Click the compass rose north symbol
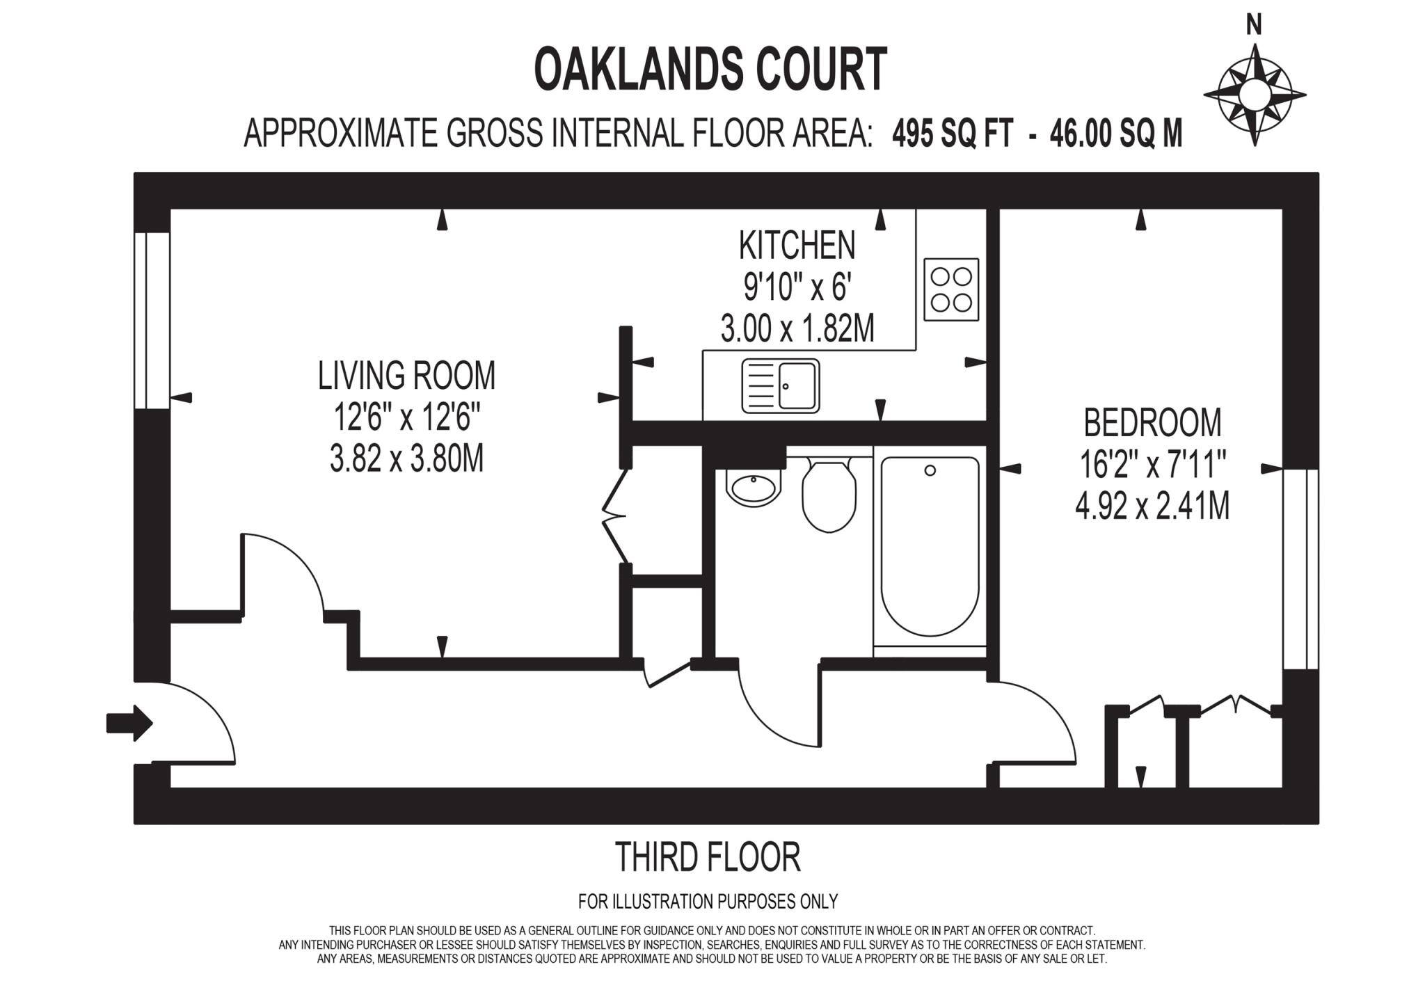point(1254,95)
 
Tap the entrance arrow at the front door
point(129,724)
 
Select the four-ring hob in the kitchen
point(951,289)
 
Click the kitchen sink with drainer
point(780,385)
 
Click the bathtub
point(930,546)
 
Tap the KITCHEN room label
point(797,245)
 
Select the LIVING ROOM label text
point(406,376)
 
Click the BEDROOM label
point(1152,422)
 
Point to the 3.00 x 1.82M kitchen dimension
point(797,329)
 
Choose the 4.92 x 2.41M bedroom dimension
point(1152,506)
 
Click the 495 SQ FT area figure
point(953,134)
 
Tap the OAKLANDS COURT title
point(710,70)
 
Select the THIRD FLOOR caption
point(708,858)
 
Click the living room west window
point(152,320)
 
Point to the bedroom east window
point(1300,568)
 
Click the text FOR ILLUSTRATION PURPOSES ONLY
point(708,902)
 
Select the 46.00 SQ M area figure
point(1116,134)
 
